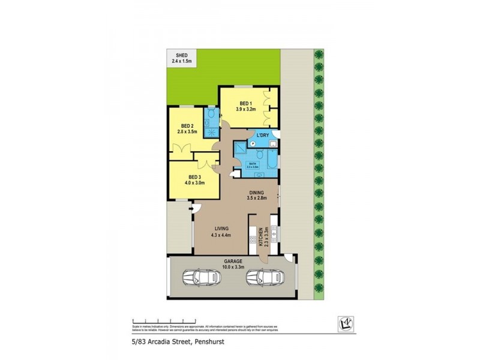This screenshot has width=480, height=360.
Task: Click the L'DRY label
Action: click(262, 136)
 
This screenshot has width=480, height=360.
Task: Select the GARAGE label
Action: click(233, 262)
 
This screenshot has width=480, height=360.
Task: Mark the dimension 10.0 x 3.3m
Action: click(233, 268)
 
